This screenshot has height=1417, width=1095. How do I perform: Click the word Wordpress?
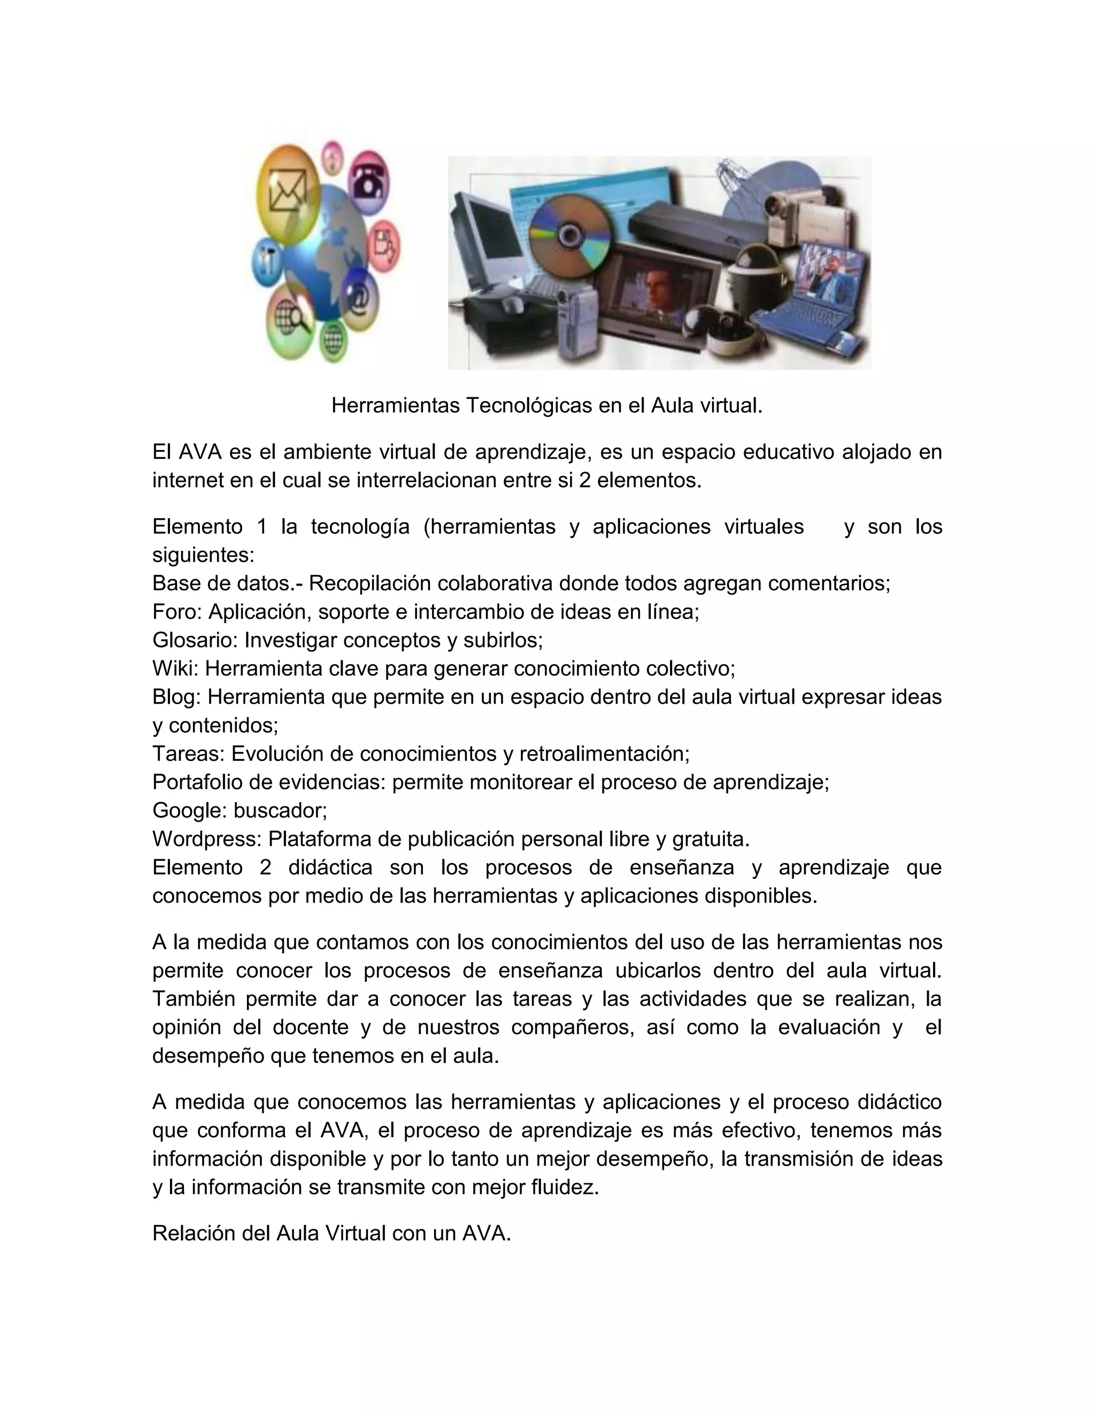pyautogui.click(x=206, y=839)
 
